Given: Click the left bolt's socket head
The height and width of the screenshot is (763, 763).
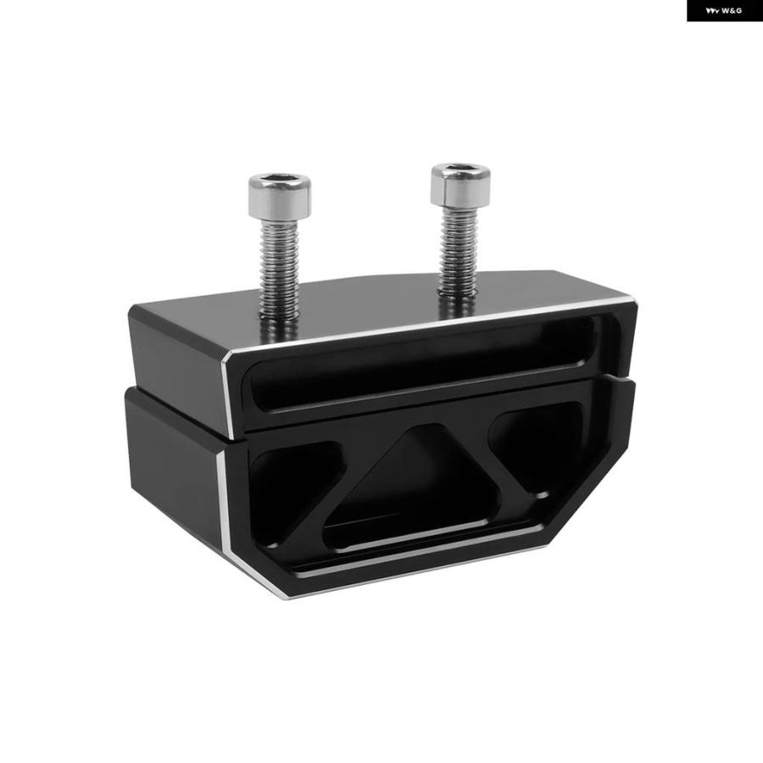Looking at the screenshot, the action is click(279, 196).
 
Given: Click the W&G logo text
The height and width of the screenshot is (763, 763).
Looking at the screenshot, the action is click(724, 11).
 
